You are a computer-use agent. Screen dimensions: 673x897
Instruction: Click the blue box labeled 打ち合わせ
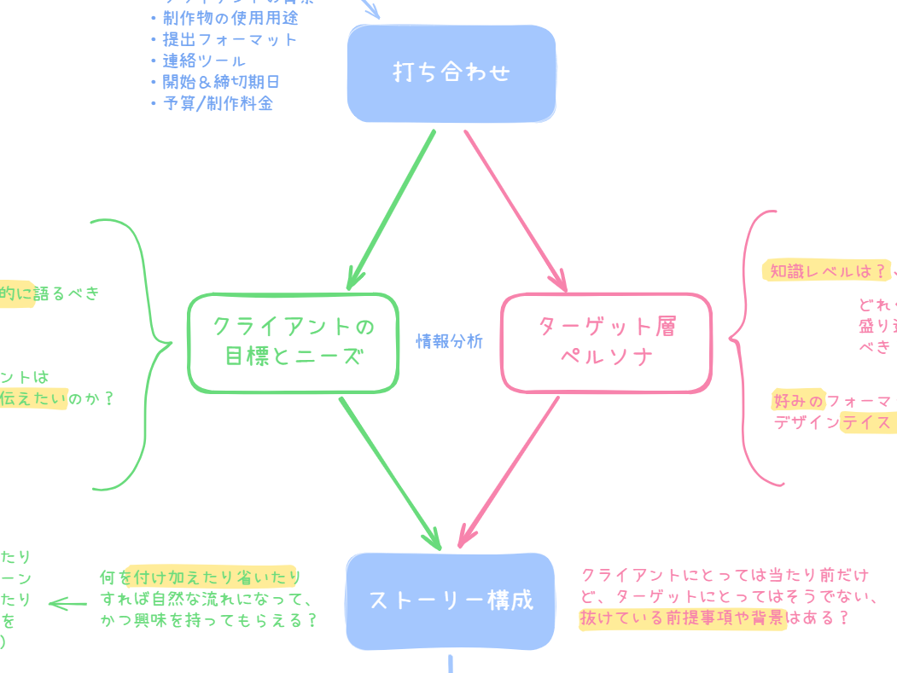[x=451, y=73]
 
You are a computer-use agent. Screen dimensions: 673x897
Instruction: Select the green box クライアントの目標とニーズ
[x=293, y=342]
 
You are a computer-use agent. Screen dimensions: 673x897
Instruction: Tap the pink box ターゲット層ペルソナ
[x=606, y=342]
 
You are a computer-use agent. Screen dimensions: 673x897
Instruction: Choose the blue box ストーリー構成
[x=451, y=600]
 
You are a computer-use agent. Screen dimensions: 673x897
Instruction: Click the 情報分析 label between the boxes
[x=450, y=342]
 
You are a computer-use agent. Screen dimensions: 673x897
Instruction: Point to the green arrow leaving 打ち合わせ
[x=392, y=209]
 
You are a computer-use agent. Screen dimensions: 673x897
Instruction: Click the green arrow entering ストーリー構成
[x=390, y=473]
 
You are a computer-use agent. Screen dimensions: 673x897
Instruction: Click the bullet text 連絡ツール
[x=204, y=61]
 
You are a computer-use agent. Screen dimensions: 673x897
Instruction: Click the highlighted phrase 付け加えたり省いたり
[x=214, y=577]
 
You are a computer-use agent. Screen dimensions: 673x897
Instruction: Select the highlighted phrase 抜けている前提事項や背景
[x=683, y=618]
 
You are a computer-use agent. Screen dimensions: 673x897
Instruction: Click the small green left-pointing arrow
[x=67, y=604]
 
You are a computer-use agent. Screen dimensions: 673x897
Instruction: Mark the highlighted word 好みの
[x=799, y=400]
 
